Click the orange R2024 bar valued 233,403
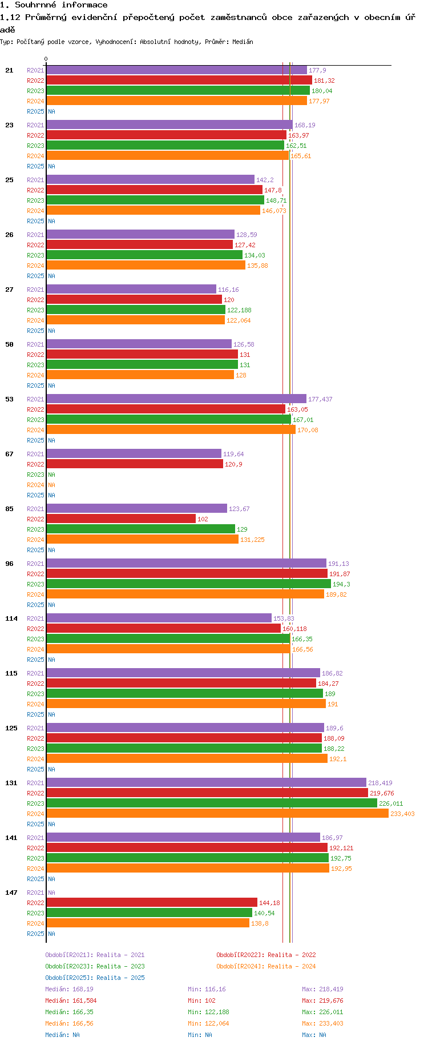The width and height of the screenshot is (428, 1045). click(217, 814)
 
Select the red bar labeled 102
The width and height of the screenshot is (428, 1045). click(121, 519)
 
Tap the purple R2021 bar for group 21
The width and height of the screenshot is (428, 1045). click(176, 70)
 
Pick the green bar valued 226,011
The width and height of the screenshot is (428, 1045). click(212, 803)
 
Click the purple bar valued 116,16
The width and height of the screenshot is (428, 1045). click(131, 290)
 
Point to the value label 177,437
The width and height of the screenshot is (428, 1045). click(320, 399)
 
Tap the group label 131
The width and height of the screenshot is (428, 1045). click(11, 783)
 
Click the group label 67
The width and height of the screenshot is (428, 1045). click(9, 454)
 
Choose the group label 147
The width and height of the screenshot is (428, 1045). click(11, 893)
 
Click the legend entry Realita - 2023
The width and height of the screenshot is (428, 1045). click(95, 966)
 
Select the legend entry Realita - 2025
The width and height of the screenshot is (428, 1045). click(95, 978)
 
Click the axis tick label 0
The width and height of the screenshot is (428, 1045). click(46, 59)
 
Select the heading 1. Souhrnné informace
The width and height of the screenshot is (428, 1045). click(54, 5)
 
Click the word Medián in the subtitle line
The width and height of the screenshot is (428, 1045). click(243, 42)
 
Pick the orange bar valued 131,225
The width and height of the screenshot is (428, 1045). click(142, 540)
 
